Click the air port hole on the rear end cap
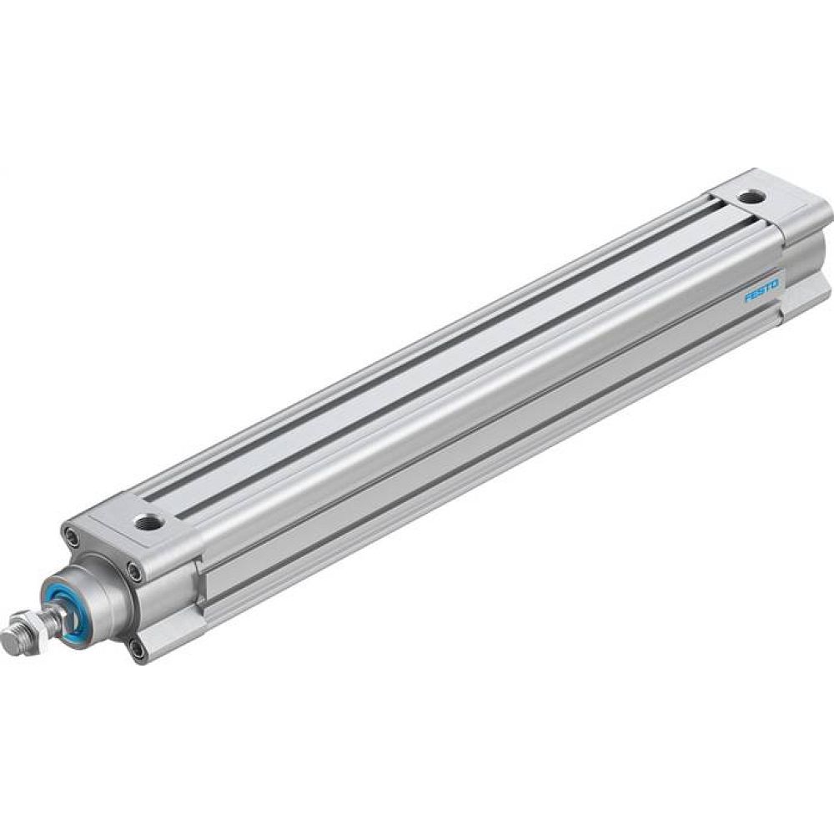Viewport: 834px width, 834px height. coord(754,197)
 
